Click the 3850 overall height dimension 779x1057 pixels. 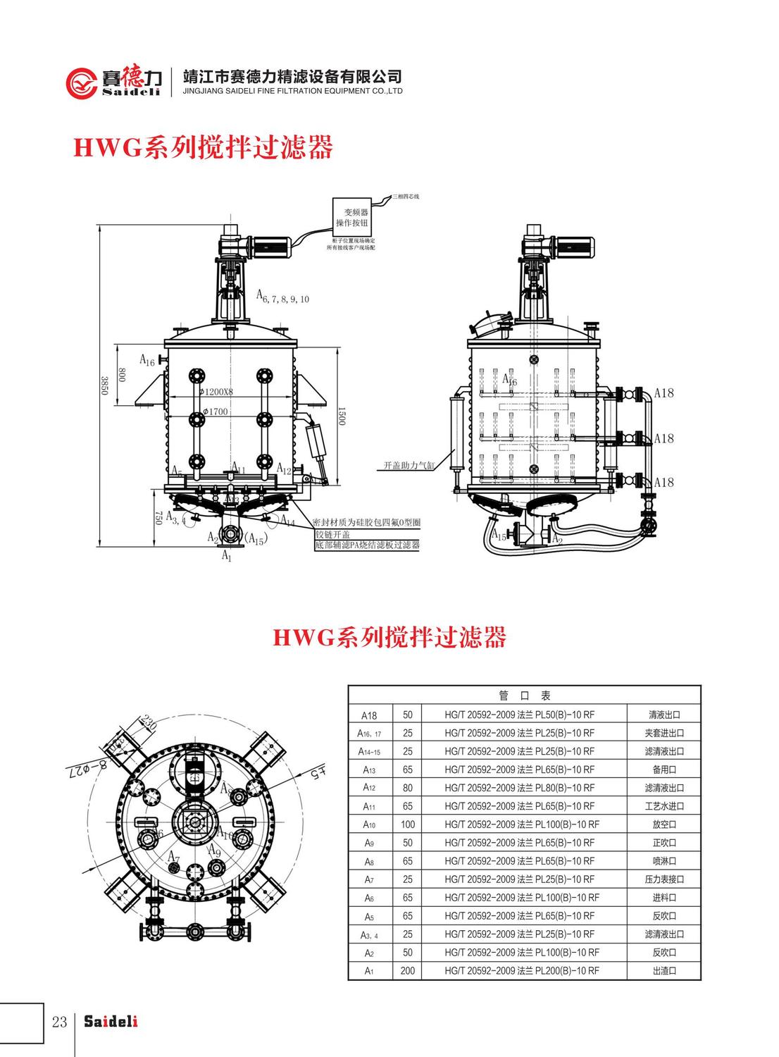pyautogui.click(x=104, y=385)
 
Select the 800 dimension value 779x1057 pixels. pyautogui.click(x=121, y=374)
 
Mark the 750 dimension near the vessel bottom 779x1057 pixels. pyautogui.click(x=158, y=518)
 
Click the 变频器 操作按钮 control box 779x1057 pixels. pyautogui.click(x=351, y=217)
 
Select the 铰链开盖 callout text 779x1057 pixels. pyautogui.click(x=331, y=534)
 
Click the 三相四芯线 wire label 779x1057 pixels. pyautogui.click(x=406, y=196)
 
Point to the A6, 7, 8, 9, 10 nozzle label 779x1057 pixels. pyautogui.click(x=282, y=297)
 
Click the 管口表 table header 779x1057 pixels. pyautogui.click(x=524, y=696)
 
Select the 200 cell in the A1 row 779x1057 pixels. pyautogui.click(x=407, y=971)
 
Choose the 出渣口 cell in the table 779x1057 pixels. pyautogui.click(x=663, y=971)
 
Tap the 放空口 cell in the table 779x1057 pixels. pyautogui.click(x=663, y=824)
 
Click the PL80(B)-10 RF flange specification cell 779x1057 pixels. pyautogui.click(x=520, y=788)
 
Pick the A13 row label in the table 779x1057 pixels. pyautogui.click(x=370, y=769)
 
